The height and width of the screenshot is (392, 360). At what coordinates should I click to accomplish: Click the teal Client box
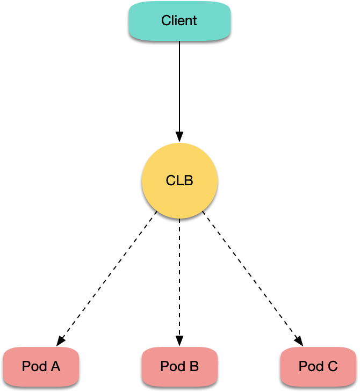179,21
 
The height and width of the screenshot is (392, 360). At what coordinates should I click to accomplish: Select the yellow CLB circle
179,180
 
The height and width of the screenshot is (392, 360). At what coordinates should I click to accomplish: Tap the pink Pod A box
41,367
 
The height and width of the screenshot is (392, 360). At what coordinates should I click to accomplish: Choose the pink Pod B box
179,367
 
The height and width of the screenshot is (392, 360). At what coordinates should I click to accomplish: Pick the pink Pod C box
318,367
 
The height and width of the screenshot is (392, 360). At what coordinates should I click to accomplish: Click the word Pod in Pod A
34,367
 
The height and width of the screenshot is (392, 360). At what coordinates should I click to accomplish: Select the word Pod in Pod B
172,367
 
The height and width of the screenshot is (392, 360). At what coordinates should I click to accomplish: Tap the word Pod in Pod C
311,367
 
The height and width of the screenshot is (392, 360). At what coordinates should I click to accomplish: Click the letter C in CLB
171,180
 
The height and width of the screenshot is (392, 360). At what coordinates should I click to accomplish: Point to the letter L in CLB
180,180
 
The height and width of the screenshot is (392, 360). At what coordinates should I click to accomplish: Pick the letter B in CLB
189,180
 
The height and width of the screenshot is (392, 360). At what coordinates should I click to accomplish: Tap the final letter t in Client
195,21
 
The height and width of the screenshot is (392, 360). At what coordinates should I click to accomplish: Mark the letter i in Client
176,21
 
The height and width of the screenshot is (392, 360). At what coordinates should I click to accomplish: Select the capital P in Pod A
26,367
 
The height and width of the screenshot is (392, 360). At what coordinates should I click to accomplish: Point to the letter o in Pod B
172,367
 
